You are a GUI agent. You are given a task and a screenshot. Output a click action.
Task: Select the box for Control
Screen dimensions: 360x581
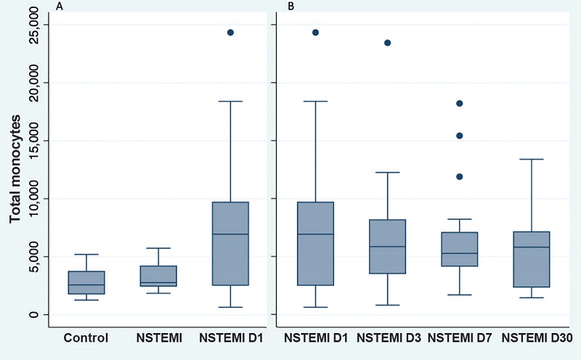click(x=86, y=282)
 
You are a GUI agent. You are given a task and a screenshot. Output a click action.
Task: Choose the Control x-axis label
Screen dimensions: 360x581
click(x=86, y=337)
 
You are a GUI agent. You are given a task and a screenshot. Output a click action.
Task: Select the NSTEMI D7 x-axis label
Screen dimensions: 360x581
click(x=458, y=337)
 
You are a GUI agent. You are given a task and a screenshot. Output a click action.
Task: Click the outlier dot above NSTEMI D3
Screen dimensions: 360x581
click(x=388, y=43)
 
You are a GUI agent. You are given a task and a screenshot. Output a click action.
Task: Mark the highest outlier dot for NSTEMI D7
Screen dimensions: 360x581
click(x=459, y=104)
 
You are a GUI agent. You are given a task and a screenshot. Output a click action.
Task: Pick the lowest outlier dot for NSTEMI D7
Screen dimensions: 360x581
click(x=459, y=176)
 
